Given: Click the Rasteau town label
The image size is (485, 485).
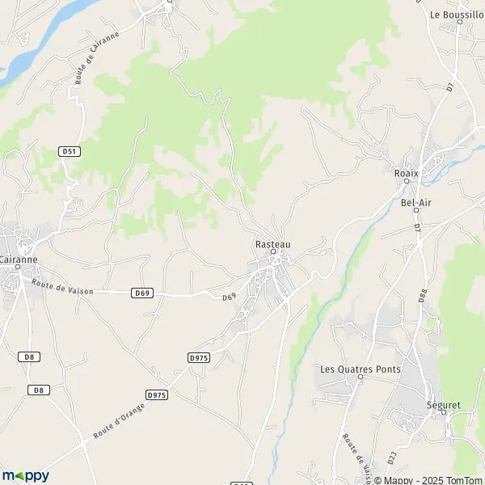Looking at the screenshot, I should point(272,243).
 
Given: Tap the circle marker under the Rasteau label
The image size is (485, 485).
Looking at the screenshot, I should point(273,252).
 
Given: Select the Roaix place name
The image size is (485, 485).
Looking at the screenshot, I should point(405,172).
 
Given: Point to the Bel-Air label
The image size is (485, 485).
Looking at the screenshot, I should point(416,202).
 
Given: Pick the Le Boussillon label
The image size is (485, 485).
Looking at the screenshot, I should point(458,15).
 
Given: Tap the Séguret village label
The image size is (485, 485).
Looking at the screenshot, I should point(443,403).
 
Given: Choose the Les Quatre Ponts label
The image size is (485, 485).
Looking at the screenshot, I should point(361,369).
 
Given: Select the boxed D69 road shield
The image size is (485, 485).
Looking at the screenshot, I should point(141,292).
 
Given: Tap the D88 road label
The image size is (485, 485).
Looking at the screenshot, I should point(423,296).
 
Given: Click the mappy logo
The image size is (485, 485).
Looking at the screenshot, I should point(25,475).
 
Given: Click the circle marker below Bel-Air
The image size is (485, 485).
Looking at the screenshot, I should point(416,211).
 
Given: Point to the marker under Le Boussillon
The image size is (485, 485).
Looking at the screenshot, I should point(459,23).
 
